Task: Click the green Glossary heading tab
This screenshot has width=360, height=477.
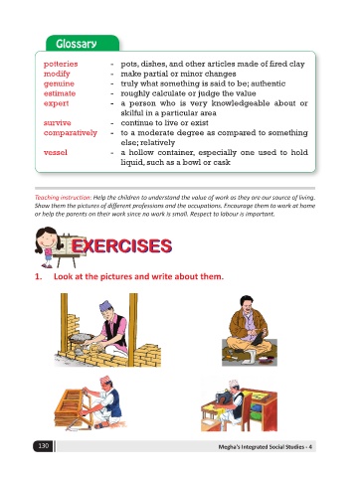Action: pyautogui.click(x=83, y=44)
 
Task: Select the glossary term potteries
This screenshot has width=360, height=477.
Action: pyautogui.click(x=61, y=64)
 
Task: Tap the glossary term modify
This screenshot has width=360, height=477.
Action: pyautogui.click(x=57, y=74)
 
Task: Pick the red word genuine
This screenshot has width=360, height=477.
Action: pyautogui.click(x=59, y=83)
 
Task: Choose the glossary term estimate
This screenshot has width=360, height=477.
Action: pyautogui.click(x=60, y=93)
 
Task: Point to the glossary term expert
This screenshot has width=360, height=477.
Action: pyautogui.click(x=57, y=103)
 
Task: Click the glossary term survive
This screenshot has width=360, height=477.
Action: pyautogui.click(x=58, y=123)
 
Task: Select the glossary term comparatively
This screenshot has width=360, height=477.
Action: pyautogui.click(x=71, y=133)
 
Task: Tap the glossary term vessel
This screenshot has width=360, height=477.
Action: pyautogui.click(x=56, y=152)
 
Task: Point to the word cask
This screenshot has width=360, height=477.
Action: pyautogui.click(x=222, y=162)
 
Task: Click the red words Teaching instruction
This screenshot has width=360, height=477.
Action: pyautogui.click(x=63, y=198)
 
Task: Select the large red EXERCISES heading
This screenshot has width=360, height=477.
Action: pyautogui.click(x=121, y=246)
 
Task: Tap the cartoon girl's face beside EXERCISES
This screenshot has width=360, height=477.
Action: pyautogui.click(x=47, y=239)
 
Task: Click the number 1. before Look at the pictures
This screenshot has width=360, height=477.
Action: pyautogui.click(x=39, y=276)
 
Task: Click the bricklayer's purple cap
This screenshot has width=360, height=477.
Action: pyautogui.click(x=108, y=305)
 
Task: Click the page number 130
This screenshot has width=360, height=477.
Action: pyautogui.click(x=44, y=446)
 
